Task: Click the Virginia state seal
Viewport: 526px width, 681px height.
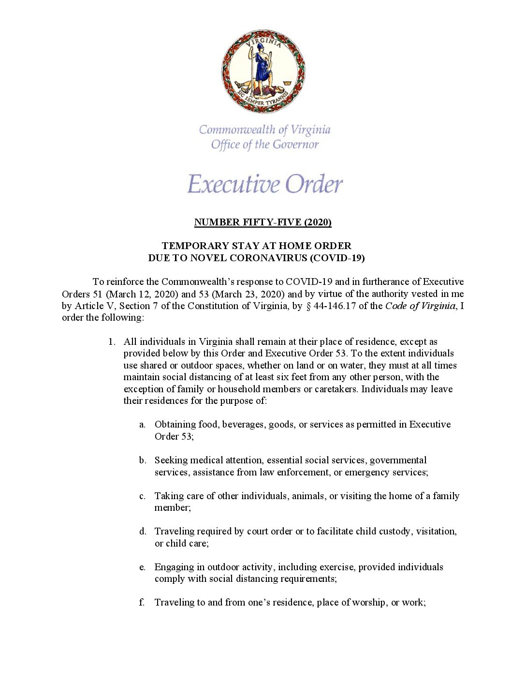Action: pyautogui.click(x=263, y=72)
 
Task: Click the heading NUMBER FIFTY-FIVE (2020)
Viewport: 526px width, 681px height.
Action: pyautogui.click(x=263, y=222)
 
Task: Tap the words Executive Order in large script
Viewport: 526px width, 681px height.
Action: pyautogui.click(x=265, y=184)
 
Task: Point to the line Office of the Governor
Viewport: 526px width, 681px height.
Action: pyautogui.click(x=264, y=145)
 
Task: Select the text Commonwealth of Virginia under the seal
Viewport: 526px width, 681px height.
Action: pyautogui.click(x=264, y=130)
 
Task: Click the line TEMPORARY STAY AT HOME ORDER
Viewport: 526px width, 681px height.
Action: pyautogui.click(x=256, y=246)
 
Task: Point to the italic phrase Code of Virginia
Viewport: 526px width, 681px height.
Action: pyautogui.click(x=420, y=306)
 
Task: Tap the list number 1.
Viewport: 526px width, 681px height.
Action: pyautogui.click(x=112, y=341)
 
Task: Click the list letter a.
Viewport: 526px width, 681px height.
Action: pyautogui.click(x=142, y=425)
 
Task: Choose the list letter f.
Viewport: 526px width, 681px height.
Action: pyautogui.click(x=142, y=603)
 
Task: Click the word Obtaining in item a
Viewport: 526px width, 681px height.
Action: pyautogui.click(x=175, y=425)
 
